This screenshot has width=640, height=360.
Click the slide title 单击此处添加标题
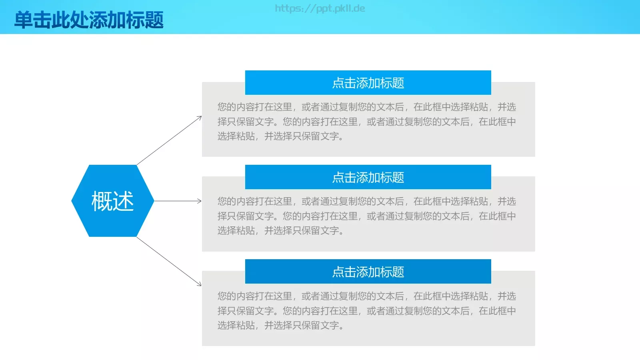[89, 20]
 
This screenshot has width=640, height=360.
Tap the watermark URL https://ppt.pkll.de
[320, 8]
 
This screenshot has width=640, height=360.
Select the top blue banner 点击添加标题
[368, 83]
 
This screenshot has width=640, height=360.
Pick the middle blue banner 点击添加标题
[368, 177]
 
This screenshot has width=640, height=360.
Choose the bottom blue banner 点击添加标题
[368, 272]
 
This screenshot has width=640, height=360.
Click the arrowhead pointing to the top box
[200, 118]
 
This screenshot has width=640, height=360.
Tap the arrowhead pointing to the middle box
[200, 201]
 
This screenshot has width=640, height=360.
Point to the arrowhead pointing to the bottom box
[199, 284]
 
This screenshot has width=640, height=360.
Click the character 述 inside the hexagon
[123, 201]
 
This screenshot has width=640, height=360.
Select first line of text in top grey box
[366, 107]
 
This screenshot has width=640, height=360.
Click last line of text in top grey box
[280, 136]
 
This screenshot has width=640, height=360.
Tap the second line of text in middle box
[366, 216]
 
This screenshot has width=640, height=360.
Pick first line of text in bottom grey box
[366, 296]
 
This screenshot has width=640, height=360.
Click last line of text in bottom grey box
[280, 325]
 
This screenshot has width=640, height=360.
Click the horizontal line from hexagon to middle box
[176, 201]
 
